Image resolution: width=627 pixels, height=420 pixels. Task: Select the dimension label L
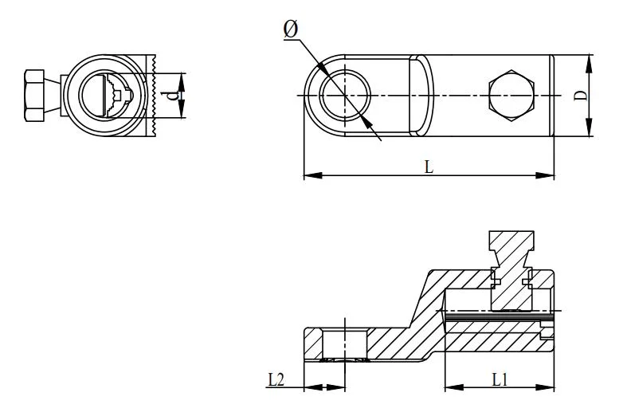(x=429, y=167)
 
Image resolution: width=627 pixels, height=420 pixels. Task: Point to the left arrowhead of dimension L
(x=310, y=175)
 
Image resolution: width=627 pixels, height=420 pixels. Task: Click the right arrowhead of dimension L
(x=549, y=175)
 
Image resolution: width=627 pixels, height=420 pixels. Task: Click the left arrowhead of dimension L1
(x=449, y=388)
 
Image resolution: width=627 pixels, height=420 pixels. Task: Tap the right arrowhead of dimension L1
(x=549, y=388)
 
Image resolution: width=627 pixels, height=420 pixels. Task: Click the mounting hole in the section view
(x=344, y=343)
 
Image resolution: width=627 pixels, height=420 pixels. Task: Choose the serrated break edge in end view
(x=153, y=96)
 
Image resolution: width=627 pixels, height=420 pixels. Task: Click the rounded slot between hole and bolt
(x=421, y=95)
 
